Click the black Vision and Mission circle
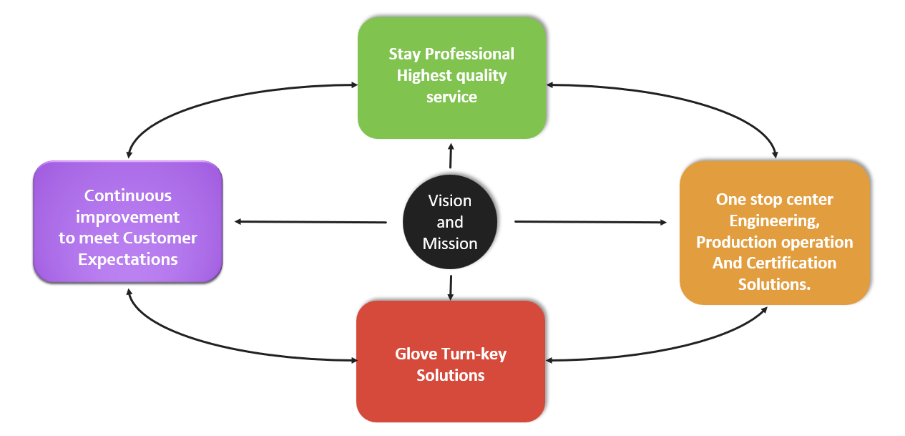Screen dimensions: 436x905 pyautogui.click(x=450, y=222)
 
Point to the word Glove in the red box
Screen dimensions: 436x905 pyautogui.click(x=416, y=354)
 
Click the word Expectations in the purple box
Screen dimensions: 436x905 pyautogui.click(x=127, y=259)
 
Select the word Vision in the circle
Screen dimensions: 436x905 pyautogui.click(x=450, y=200)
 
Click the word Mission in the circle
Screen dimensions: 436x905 pyautogui.click(x=450, y=243)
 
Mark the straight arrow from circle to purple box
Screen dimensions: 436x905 pyautogui.click(x=311, y=221)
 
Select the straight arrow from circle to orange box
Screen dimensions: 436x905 pyautogui.click(x=590, y=222)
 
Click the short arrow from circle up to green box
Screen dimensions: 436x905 pyautogui.click(x=451, y=155)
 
